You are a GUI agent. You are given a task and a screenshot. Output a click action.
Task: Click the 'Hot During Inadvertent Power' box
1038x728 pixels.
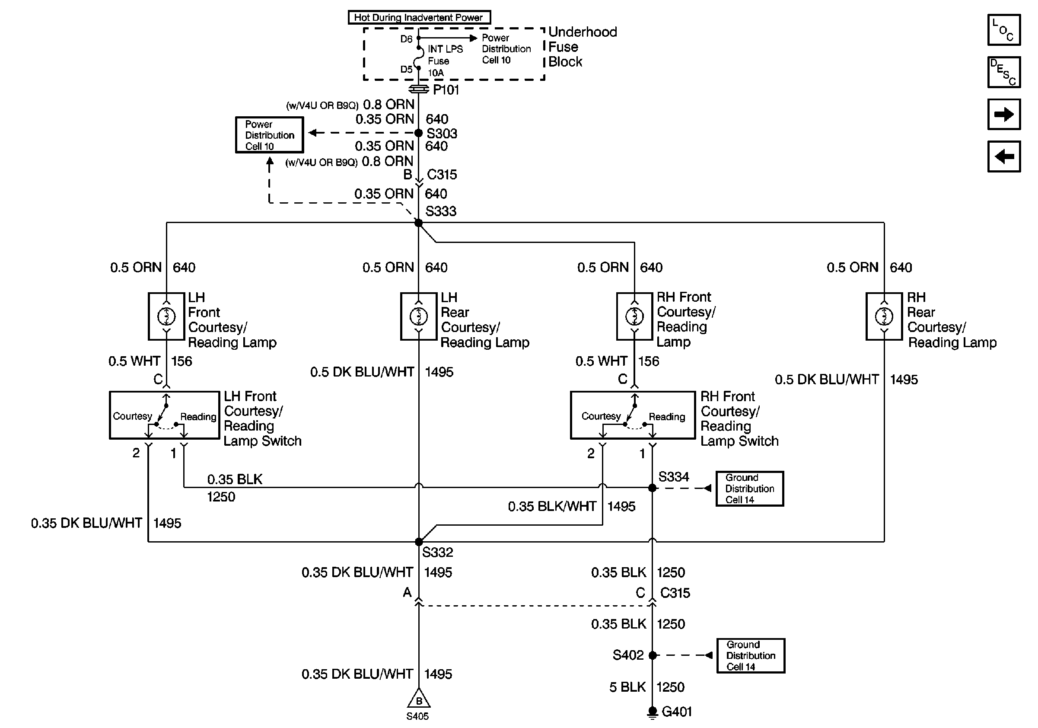pyautogui.click(x=419, y=17)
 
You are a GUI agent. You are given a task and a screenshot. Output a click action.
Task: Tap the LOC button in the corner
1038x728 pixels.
pyautogui.click(x=1003, y=30)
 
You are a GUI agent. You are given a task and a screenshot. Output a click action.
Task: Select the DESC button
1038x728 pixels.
pyautogui.click(x=1003, y=72)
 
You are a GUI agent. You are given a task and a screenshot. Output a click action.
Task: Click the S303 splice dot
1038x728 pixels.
pyautogui.click(x=419, y=133)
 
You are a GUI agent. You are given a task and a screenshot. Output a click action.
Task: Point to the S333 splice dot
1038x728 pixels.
pyautogui.click(x=419, y=223)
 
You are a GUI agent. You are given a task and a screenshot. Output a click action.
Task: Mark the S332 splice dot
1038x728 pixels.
pyautogui.click(x=419, y=542)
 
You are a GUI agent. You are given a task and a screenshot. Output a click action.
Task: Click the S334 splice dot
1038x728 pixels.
pyautogui.click(x=653, y=488)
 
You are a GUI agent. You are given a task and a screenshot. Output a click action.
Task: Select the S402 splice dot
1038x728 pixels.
pyautogui.click(x=653, y=655)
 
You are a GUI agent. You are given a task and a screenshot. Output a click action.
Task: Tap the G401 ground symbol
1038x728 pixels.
pyautogui.click(x=653, y=712)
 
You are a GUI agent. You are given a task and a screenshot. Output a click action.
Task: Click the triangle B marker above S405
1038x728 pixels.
pyautogui.click(x=419, y=699)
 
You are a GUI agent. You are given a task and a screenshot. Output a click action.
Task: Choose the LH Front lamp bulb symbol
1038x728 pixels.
pyautogui.click(x=166, y=316)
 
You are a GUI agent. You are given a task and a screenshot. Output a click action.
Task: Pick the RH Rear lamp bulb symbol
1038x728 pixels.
pyautogui.click(x=884, y=316)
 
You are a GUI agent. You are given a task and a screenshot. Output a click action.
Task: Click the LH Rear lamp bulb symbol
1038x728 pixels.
pyautogui.click(x=419, y=316)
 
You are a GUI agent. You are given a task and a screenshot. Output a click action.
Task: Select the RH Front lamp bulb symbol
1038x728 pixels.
pyautogui.click(x=635, y=316)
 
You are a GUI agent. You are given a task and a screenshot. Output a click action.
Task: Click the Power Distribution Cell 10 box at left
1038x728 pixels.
pyautogui.click(x=270, y=135)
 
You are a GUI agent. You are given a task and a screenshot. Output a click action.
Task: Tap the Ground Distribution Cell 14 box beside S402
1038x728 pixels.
pyautogui.click(x=751, y=656)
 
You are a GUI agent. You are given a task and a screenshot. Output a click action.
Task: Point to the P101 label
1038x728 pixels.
pyautogui.click(x=446, y=90)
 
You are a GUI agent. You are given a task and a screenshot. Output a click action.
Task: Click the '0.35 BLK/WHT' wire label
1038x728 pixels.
pyautogui.click(x=552, y=506)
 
